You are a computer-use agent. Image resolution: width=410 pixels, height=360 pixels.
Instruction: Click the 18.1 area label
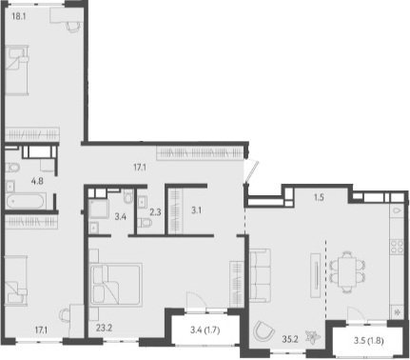[19, 16]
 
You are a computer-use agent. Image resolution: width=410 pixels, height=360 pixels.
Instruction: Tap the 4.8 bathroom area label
[37, 181]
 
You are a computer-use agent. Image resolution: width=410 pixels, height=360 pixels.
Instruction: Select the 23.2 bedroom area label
[104, 329]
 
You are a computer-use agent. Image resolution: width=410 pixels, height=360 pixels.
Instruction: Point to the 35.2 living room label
[290, 339]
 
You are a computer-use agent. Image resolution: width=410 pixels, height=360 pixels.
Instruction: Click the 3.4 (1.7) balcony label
[205, 330]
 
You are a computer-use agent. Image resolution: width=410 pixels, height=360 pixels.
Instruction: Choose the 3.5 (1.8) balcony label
[368, 341]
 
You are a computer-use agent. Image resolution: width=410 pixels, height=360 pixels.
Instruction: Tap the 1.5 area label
[319, 197]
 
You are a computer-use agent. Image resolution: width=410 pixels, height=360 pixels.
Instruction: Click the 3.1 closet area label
[196, 210]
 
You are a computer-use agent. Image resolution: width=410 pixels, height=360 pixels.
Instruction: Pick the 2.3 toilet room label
[155, 212]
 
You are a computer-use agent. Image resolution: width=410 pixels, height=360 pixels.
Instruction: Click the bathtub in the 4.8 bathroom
[26, 201]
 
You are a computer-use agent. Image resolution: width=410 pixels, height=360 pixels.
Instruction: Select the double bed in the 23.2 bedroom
[116, 285]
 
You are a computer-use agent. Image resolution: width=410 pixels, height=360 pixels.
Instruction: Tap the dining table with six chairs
[347, 271]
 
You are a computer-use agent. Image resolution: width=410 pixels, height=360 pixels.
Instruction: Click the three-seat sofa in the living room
[261, 275]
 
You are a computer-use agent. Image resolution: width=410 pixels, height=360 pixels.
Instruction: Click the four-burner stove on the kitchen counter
[397, 247]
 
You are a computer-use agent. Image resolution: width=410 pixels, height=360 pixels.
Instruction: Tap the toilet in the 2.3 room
[146, 223]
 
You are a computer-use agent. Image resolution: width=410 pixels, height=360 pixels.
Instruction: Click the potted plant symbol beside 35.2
[312, 336]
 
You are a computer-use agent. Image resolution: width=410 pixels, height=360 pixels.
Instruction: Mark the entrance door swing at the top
[251, 171]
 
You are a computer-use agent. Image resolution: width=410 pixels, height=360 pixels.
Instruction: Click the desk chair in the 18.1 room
[73, 27]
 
